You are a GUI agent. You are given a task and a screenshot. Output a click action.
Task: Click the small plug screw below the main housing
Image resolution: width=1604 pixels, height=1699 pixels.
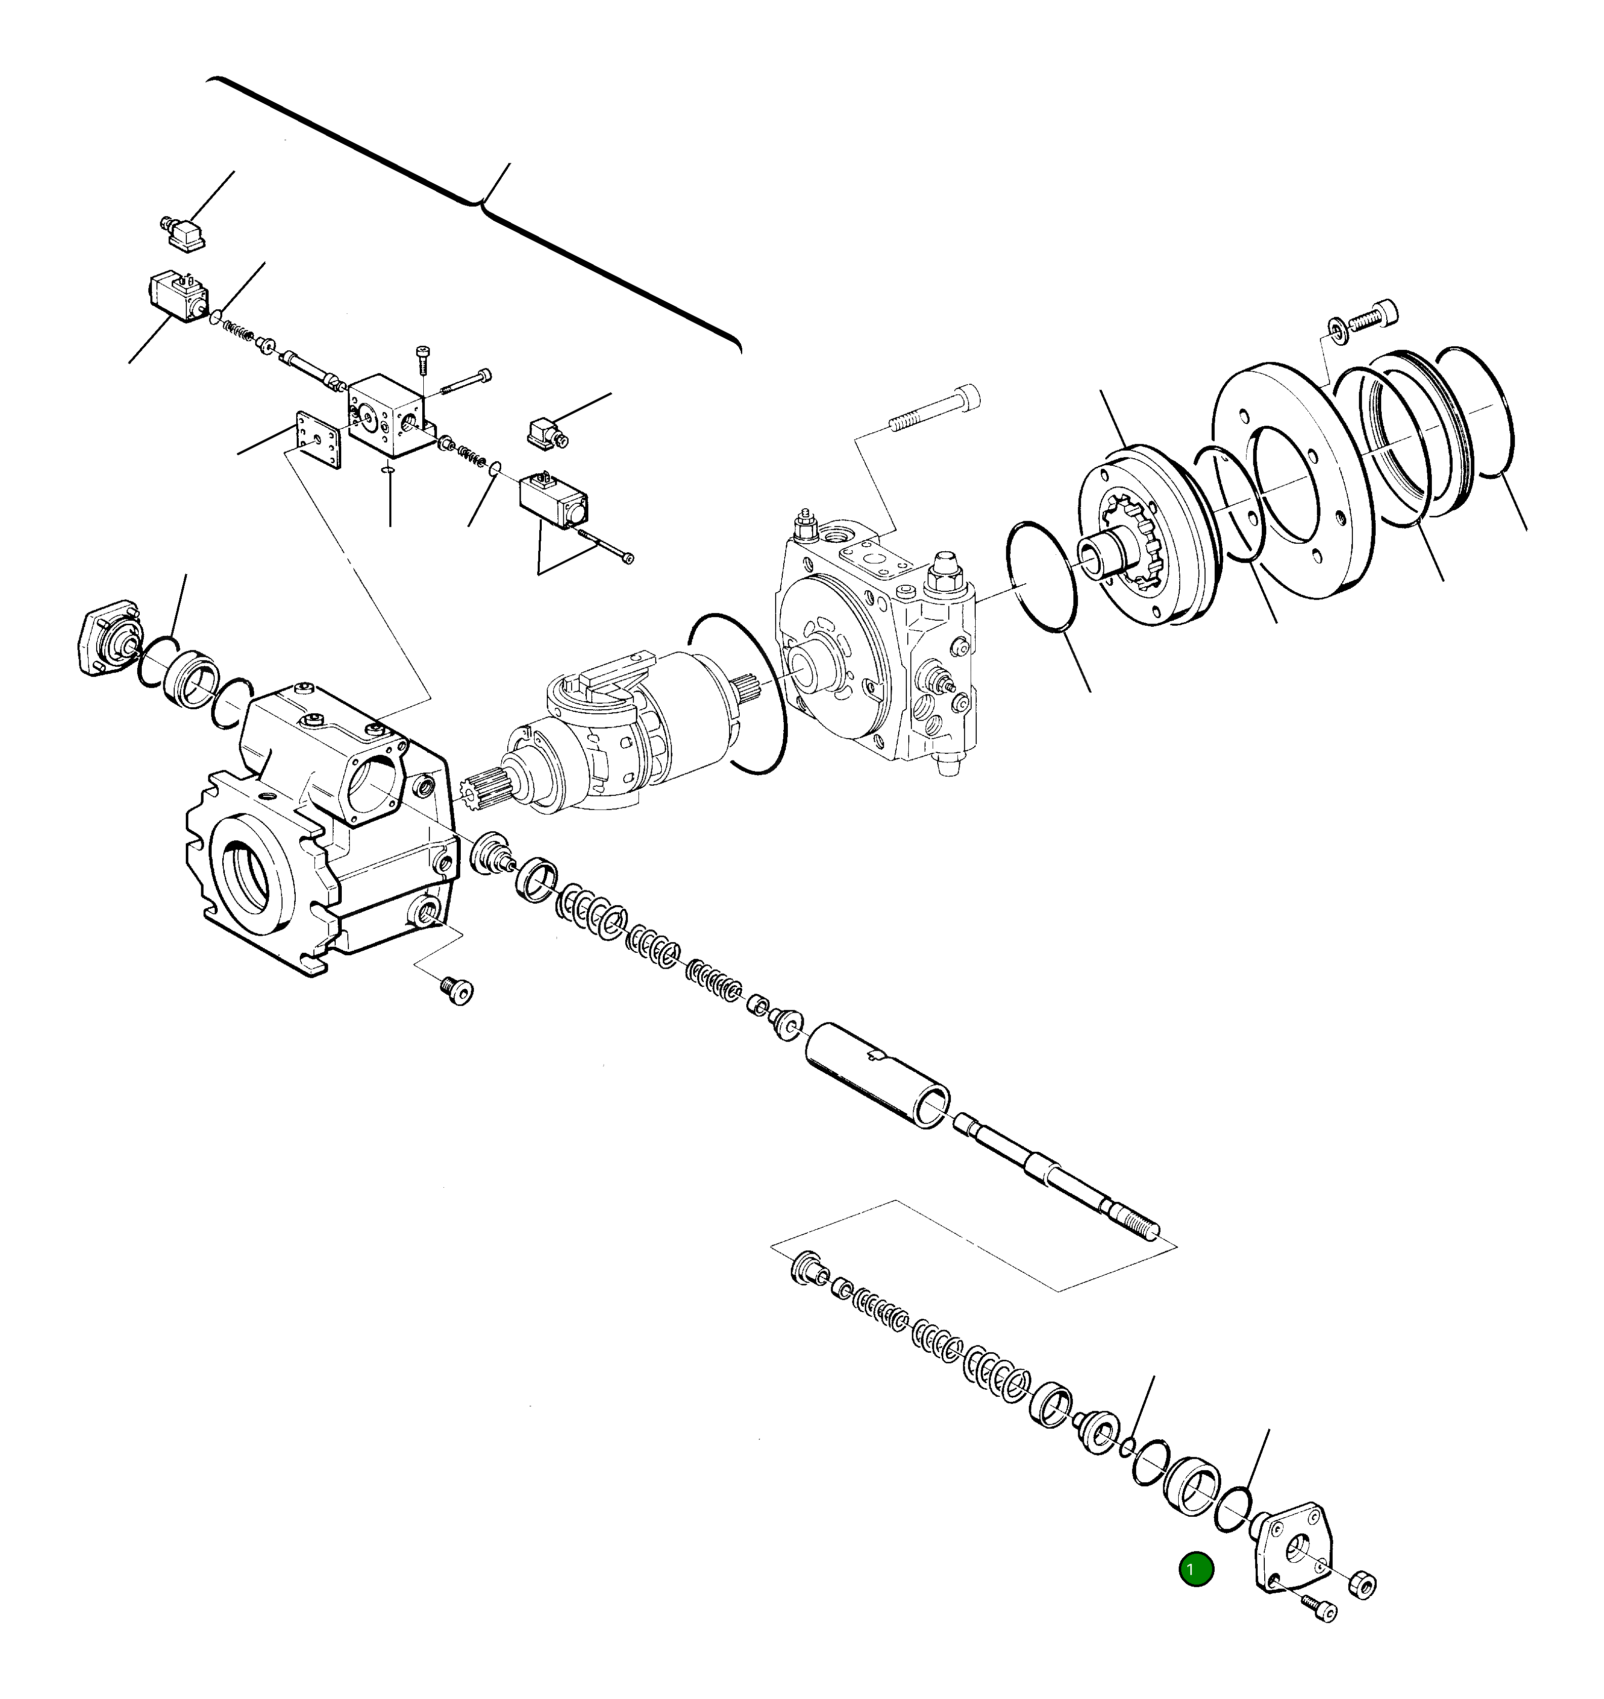point(457,990)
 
